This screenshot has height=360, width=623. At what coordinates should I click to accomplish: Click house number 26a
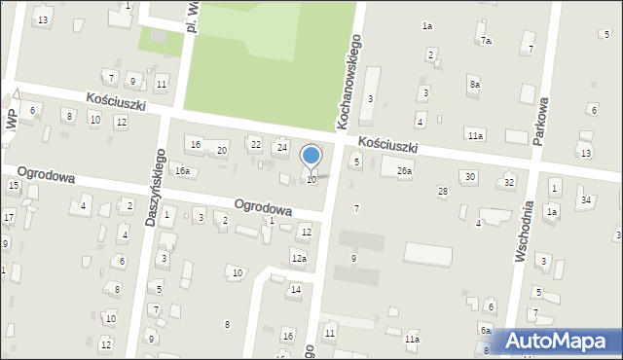pyautogui.click(x=404, y=171)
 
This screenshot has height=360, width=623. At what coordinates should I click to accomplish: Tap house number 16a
pyautogui.click(x=182, y=171)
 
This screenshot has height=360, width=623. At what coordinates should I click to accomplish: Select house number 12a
pyautogui.click(x=298, y=258)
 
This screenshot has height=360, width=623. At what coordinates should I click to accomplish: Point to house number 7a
pyautogui.click(x=486, y=41)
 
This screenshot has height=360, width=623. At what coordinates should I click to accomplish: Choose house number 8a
pyautogui.click(x=474, y=85)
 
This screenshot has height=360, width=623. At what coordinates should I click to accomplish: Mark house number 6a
pyautogui.click(x=485, y=330)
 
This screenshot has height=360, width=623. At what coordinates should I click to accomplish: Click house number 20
pyautogui.click(x=222, y=150)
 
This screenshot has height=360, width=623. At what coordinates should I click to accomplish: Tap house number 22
pyautogui.click(x=255, y=145)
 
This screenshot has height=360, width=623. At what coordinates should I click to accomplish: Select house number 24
pyautogui.click(x=282, y=147)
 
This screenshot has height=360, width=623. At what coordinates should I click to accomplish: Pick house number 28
pyautogui.click(x=442, y=192)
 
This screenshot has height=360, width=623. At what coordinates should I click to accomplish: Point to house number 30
pyautogui.click(x=470, y=176)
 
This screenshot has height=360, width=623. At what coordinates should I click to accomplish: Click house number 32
pyautogui.click(x=508, y=183)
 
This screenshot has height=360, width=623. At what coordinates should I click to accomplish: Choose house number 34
pyautogui.click(x=585, y=200)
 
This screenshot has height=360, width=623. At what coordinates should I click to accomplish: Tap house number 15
pyautogui.click(x=14, y=185)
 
